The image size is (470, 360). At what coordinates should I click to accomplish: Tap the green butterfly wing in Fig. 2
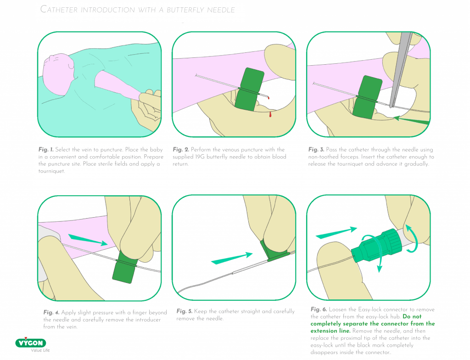click(x=249, y=89)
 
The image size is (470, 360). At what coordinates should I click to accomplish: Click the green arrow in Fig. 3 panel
click(x=411, y=121)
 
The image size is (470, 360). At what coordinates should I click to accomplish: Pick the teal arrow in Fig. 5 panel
click(x=232, y=259)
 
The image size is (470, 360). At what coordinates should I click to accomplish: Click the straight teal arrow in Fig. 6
click(x=336, y=232)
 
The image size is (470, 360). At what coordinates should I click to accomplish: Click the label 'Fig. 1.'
click(x=46, y=149)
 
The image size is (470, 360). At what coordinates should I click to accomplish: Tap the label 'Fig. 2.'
click(x=181, y=149)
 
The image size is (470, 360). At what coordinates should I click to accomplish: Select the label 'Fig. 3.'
click(x=316, y=149)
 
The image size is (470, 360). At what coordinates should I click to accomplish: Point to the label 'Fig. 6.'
click(x=319, y=309)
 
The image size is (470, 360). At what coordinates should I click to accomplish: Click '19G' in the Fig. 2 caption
click(x=200, y=157)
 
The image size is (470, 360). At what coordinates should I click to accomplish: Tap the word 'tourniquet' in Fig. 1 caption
click(x=51, y=171)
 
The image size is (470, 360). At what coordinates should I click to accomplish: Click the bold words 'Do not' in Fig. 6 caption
click(x=412, y=316)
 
